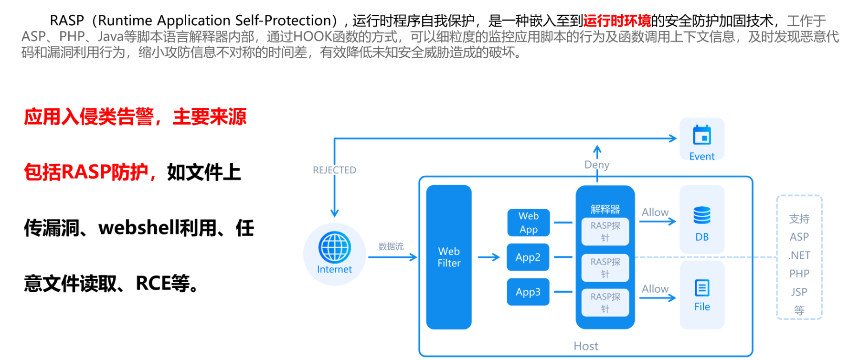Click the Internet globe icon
pos(334,247)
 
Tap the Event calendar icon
pos(702,135)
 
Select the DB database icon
pos(702,215)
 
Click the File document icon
pos(702,288)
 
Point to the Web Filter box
pos(449,257)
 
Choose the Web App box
pos(529,222)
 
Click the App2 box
pos(528,257)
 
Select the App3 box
pos(528,292)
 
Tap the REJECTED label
pos(334,170)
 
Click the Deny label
pos(597,165)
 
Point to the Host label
pos(586,346)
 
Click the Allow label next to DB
pos(655,212)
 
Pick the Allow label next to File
pos(655,289)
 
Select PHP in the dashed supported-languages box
pos(799,274)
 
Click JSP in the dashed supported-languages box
pos(799,292)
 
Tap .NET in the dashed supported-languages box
pos(799,255)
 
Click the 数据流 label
pos(391,246)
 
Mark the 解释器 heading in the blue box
pos(605,209)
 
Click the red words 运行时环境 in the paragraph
pos(617,21)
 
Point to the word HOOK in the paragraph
pos(313,36)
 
